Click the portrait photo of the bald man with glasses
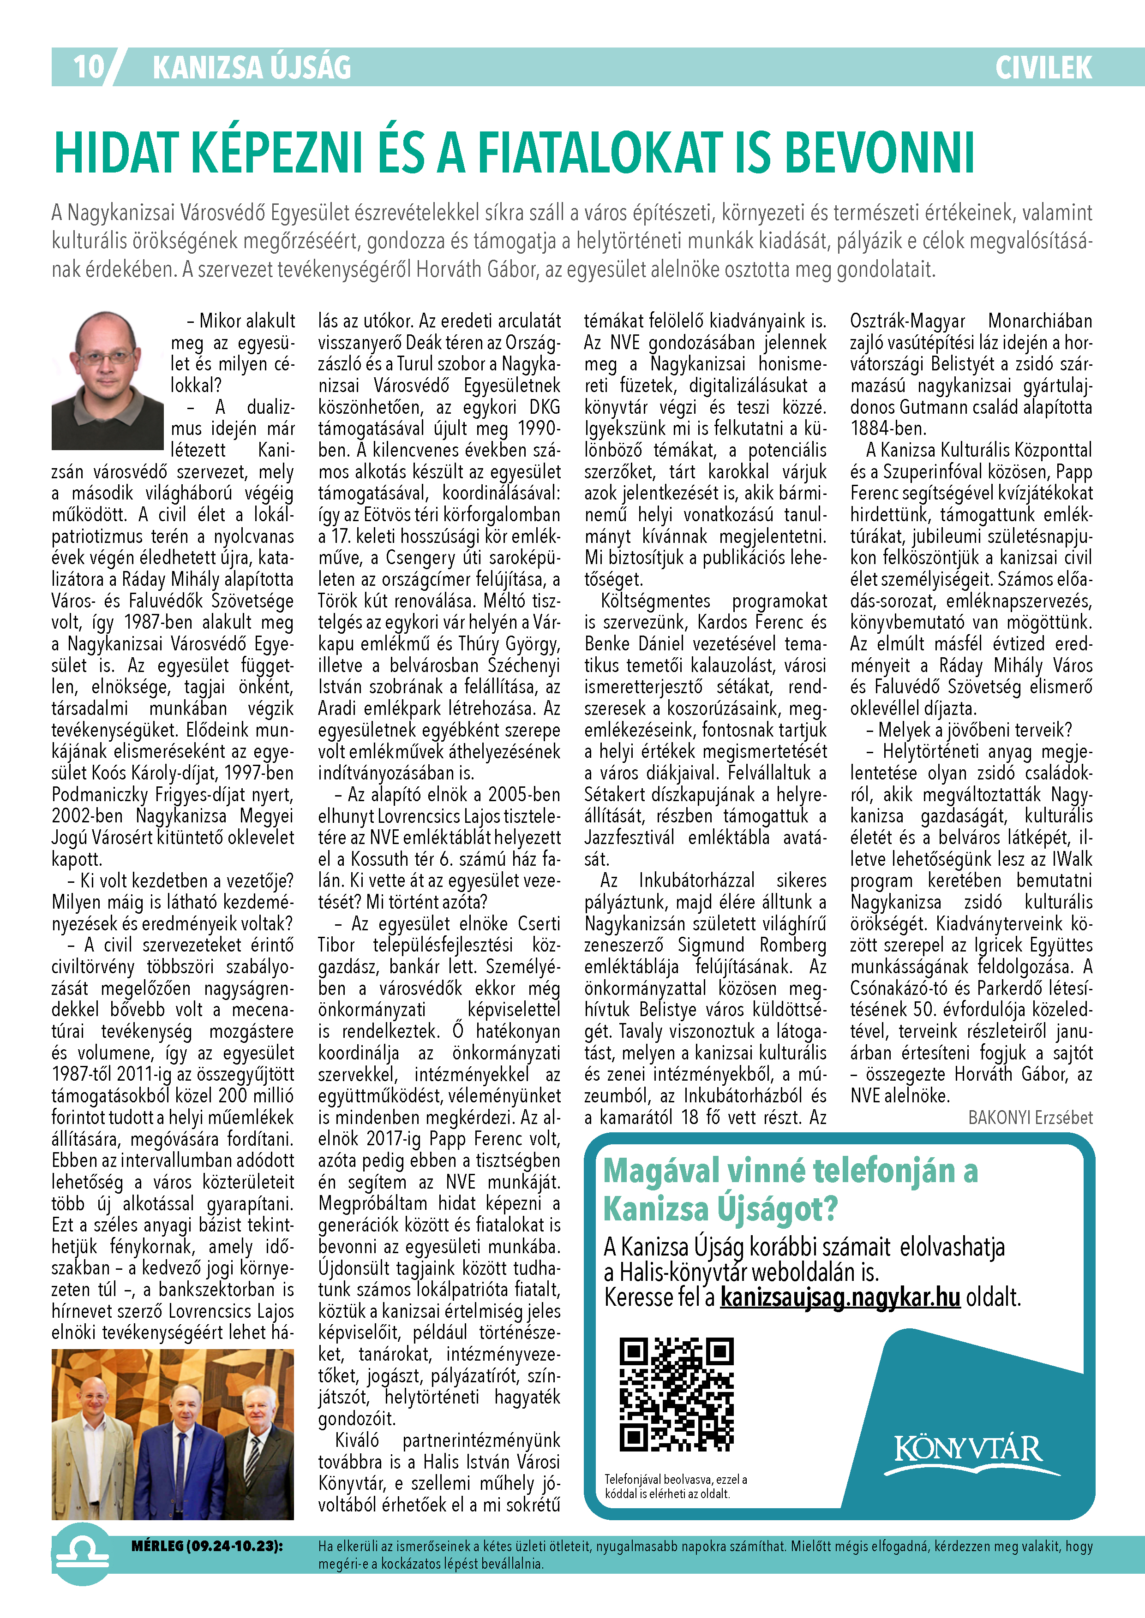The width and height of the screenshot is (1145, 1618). pos(107,381)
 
